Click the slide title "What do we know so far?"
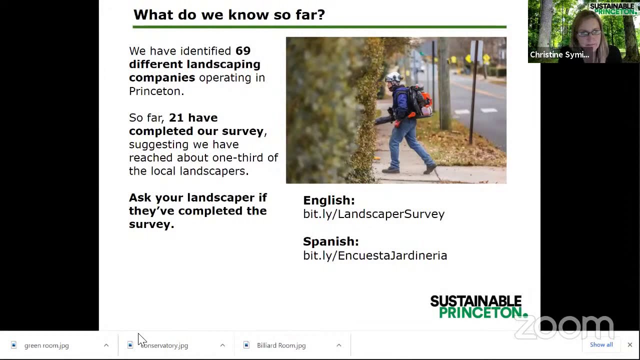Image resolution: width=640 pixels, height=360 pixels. click(x=229, y=14)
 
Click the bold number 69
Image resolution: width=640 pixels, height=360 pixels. click(x=243, y=51)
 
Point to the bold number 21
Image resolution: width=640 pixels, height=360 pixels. click(x=176, y=117)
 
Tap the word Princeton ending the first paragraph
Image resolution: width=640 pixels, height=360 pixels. click(x=155, y=91)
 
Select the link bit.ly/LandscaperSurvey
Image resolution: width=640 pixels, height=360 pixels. click(x=373, y=214)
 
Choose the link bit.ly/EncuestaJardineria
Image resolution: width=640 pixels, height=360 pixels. click(x=375, y=255)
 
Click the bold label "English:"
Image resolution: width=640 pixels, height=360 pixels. click(x=328, y=200)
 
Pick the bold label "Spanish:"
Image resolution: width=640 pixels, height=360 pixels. click(x=330, y=241)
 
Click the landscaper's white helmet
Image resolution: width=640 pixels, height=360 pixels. click(x=393, y=77)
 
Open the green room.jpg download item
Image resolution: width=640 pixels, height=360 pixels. click(x=46, y=345)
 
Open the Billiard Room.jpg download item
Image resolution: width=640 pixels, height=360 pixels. click(x=281, y=345)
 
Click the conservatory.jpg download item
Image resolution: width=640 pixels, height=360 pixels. click(x=165, y=345)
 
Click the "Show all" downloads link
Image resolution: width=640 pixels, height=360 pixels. click(x=601, y=344)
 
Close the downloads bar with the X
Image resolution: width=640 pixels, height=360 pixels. click(x=629, y=344)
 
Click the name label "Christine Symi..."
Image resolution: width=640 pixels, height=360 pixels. click(x=559, y=55)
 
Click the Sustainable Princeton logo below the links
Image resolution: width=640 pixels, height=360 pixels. click(x=477, y=306)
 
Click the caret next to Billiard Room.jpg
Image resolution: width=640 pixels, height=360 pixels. click(x=338, y=345)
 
